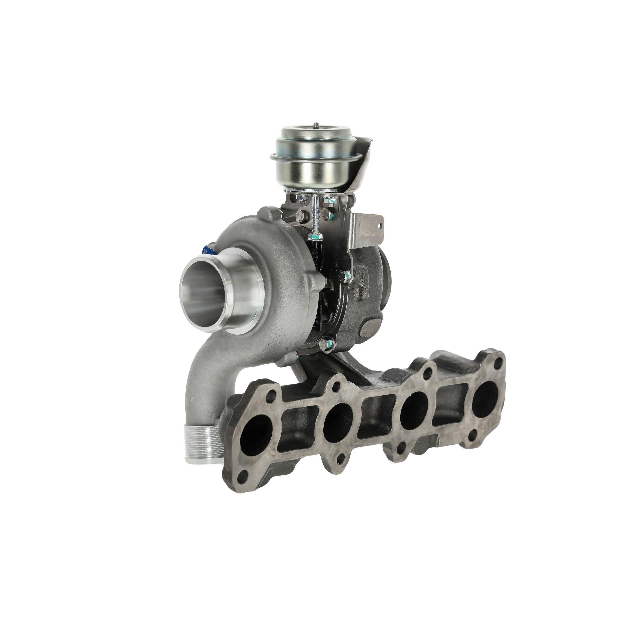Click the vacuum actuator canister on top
pyautogui.click(x=305, y=163)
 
